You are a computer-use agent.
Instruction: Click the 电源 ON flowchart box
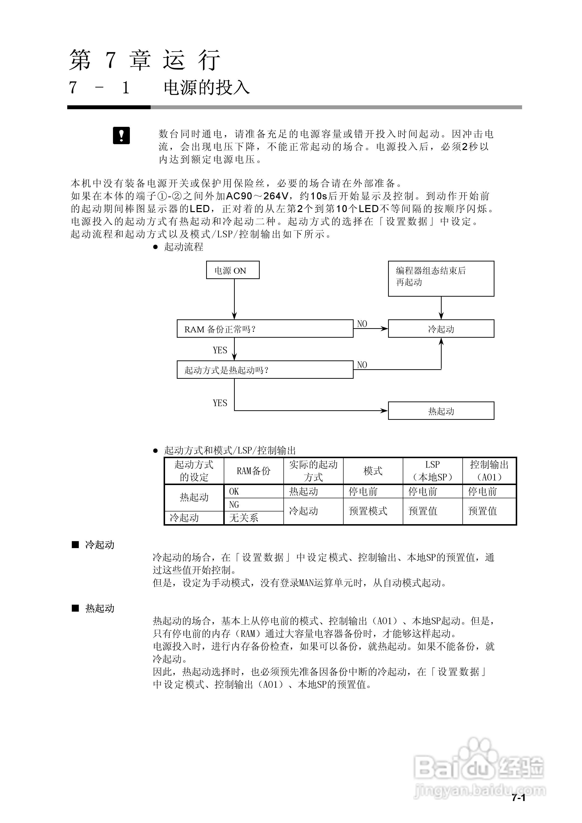coord(233,270)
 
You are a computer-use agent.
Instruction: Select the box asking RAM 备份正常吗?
coord(265,329)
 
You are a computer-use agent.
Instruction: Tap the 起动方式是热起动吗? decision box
coord(265,369)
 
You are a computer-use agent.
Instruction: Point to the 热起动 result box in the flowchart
coord(441,411)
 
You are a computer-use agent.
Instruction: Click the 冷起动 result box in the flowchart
coord(441,329)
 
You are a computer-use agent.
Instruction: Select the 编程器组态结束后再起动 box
coord(441,279)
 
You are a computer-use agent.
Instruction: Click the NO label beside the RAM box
coord(362,324)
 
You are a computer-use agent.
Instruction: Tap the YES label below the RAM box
coord(220,350)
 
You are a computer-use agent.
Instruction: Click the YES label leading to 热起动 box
coord(220,403)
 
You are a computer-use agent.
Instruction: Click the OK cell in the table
coord(234,491)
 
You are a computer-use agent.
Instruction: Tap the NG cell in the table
coord(234,505)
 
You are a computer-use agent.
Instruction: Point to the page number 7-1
coord(518,808)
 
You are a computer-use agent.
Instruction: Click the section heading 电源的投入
coord(206,88)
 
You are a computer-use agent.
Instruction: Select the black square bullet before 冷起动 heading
coord(75,545)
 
